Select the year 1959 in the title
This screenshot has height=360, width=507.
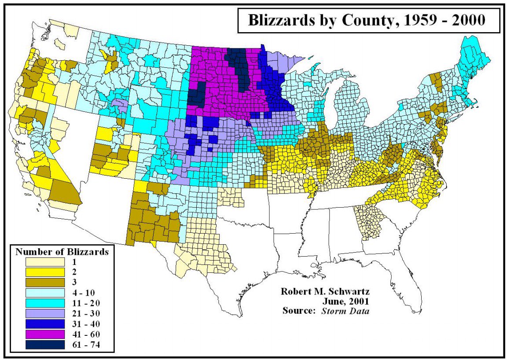(x=414, y=21)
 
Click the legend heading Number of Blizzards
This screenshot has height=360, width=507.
(x=62, y=252)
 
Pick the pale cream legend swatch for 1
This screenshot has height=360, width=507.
(x=43, y=262)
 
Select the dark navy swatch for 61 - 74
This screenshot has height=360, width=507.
(x=43, y=345)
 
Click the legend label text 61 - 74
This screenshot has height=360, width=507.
(x=85, y=345)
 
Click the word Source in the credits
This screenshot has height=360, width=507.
(x=299, y=311)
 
